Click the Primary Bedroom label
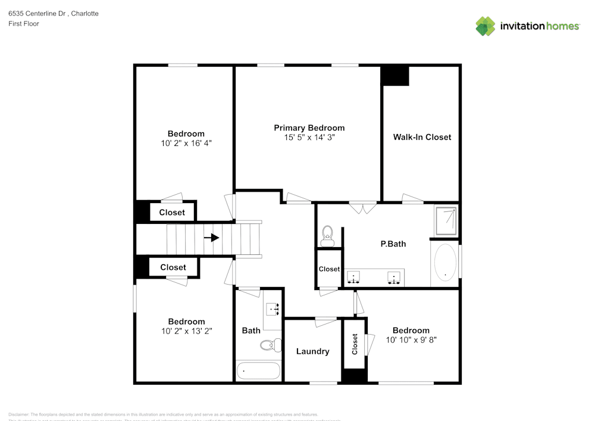click(x=309, y=128)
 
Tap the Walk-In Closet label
click(x=422, y=137)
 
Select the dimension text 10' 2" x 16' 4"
click(x=186, y=144)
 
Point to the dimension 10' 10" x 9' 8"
click(x=411, y=341)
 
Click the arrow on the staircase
click(x=211, y=238)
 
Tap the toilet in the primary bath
click(x=327, y=236)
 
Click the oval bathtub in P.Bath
click(x=445, y=263)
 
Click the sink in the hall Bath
click(x=273, y=309)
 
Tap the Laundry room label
click(x=312, y=351)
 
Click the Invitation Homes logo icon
click(x=486, y=26)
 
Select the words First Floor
click(x=24, y=24)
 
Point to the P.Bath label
click(x=393, y=244)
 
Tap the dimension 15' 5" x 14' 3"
click(x=309, y=138)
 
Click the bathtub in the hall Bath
click(x=258, y=371)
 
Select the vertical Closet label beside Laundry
click(x=355, y=344)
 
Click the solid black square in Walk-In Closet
click(x=395, y=76)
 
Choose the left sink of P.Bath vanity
click(x=354, y=277)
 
